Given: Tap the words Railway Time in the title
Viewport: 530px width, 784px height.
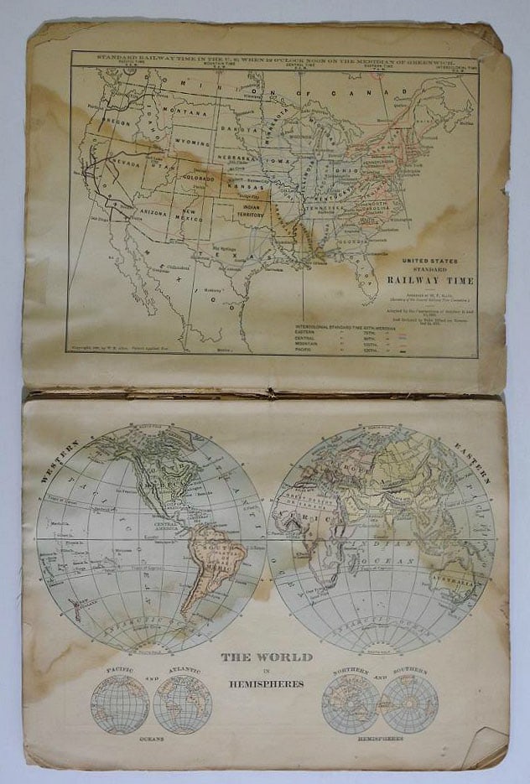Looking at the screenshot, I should [424, 280].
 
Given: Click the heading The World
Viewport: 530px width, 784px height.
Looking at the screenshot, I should [266, 657].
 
